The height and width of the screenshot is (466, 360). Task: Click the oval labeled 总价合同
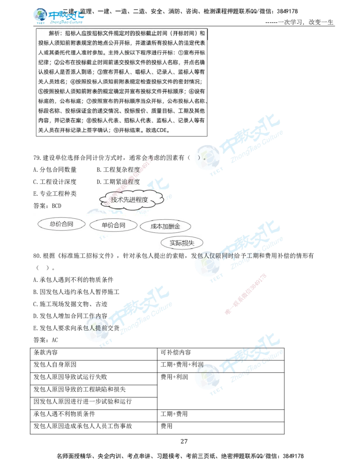[x=61, y=224]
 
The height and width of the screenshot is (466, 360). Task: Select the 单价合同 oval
[x=113, y=225]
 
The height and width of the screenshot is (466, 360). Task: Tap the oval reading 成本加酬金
[x=166, y=226]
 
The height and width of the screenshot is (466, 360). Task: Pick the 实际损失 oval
[x=182, y=243]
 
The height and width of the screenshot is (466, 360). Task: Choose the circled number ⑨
[x=115, y=131]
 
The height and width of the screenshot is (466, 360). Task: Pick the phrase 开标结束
[x=130, y=131]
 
